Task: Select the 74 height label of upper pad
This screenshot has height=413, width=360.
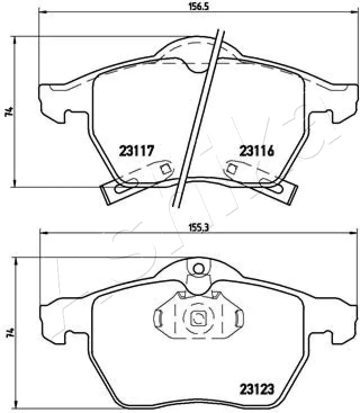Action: tap(8, 111)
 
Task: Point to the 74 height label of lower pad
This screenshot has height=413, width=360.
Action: tap(8, 333)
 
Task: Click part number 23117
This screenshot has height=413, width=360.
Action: tap(136, 150)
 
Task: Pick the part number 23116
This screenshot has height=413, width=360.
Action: tap(256, 150)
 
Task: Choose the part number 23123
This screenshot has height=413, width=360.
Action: tap(256, 388)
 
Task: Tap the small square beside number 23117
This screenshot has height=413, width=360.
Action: tap(165, 169)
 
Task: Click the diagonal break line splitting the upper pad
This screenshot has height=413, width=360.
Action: tap(200, 118)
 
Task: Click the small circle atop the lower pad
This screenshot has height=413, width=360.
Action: tap(196, 268)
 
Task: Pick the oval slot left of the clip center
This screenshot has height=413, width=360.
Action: tap(160, 319)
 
